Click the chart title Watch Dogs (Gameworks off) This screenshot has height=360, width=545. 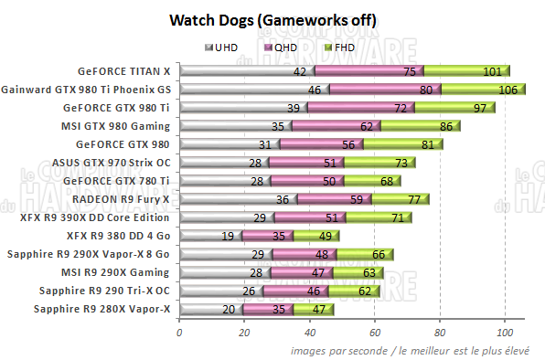(272, 20)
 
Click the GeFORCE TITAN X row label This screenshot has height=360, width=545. (125, 70)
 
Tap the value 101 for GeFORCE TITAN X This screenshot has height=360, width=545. (493, 71)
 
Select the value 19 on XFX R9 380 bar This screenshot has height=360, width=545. (227, 236)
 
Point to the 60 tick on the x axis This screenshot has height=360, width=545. (374, 333)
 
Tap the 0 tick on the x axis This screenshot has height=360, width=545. (179, 333)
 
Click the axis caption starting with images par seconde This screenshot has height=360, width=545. (413, 350)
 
